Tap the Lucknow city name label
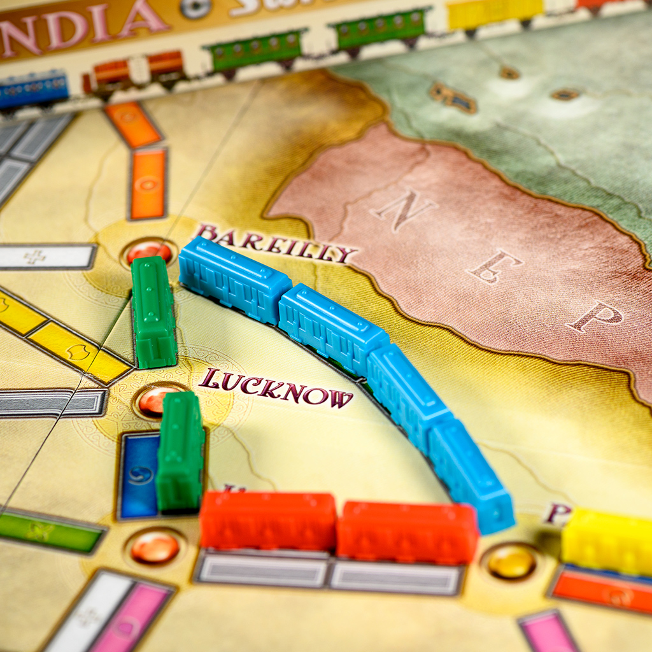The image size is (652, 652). click(x=275, y=388)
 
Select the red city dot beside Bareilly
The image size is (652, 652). click(x=148, y=252)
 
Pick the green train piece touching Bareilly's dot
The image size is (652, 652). click(x=153, y=311)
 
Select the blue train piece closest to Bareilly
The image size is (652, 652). click(x=234, y=279)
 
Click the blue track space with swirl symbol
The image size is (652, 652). click(x=139, y=474)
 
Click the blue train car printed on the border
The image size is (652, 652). click(x=33, y=89)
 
